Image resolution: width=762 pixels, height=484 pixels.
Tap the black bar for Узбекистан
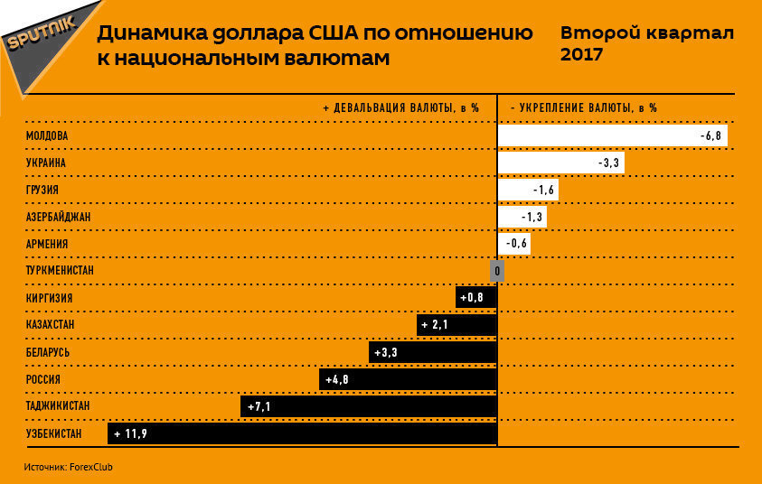click(x=302, y=434)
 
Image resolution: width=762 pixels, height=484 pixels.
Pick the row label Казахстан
click(x=50, y=325)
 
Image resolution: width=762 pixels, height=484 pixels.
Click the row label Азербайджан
click(x=59, y=217)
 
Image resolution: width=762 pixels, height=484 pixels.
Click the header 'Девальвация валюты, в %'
click(x=400, y=107)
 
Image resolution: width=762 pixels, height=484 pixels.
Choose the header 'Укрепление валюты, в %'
click(x=583, y=107)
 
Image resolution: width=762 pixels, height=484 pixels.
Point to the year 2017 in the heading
click(x=583, y=54)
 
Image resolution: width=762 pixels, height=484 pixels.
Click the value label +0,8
click(x=472, y=298)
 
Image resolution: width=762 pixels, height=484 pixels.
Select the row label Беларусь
click(x=48, y=352)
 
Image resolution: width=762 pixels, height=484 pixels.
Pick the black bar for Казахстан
click(x=457, y=325)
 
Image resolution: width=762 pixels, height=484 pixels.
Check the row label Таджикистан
click(x=58, y=407)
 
